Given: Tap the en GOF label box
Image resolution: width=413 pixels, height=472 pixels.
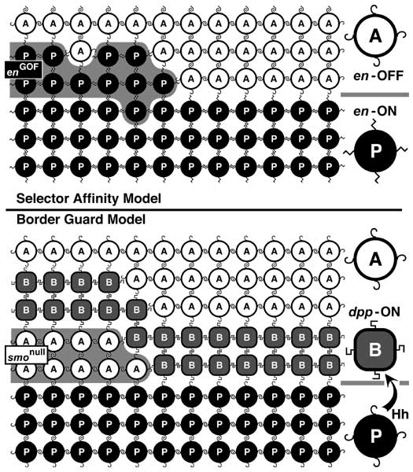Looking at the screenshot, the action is click(x=23, y=69).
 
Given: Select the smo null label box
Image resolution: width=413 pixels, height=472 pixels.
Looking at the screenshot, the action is click(x=27, y=355).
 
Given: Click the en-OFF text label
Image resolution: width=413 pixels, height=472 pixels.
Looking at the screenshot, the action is click(x=378, y=76).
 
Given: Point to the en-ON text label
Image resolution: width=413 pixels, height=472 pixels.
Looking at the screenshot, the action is click(x=374, y=112).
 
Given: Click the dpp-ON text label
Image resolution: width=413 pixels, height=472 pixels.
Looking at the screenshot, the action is click(x=374, y=312).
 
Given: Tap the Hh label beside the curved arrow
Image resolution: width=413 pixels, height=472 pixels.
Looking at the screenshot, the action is click(x=400, y=415).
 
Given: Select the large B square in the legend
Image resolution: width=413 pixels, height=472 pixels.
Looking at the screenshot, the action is click(x=374, y=350).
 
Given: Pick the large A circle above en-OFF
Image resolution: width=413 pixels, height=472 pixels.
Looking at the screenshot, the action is click(x=375, y=36).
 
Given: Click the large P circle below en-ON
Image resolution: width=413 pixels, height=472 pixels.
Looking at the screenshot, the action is click(x=375, y=150).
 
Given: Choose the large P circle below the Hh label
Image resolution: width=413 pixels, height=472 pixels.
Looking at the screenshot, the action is click(x=375, y=435).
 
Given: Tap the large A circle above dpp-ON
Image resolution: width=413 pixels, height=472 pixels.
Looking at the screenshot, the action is click(x=375, y=259).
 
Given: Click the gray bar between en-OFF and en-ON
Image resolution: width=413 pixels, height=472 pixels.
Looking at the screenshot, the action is click(x=374, y=94).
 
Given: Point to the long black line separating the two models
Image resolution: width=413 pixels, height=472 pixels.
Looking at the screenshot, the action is click(x=204, y=209).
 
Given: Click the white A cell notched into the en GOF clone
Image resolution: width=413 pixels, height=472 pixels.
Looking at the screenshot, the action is click(x=81, y=51).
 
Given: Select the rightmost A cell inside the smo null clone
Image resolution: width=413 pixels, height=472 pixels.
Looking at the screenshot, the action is click(x=136, y=369).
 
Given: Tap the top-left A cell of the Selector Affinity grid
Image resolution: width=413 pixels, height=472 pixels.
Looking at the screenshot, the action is click(x=26, y=24).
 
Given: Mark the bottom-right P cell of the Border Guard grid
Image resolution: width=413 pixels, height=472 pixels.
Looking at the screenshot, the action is click(x=330, y=452).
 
